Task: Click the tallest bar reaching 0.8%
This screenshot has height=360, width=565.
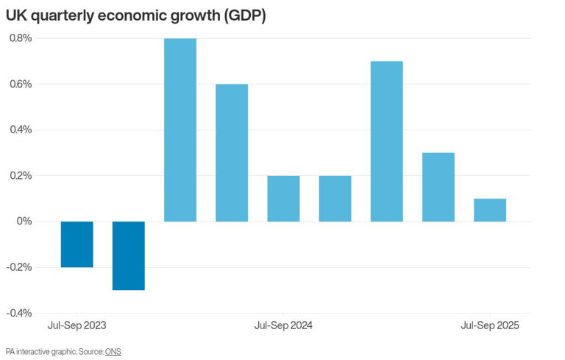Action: [x=180, y=130]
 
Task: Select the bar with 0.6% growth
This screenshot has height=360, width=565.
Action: [x=232, y=152]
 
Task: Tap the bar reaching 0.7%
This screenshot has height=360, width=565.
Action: [x=386, y=141]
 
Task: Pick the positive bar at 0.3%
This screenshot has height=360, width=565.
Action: [x=438, y=187]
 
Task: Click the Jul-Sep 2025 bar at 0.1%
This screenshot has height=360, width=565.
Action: [x=490, y=210]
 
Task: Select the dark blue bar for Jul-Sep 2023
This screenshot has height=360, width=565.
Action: [x=77, y=244]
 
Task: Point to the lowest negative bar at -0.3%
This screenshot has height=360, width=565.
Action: [x=128, y=255]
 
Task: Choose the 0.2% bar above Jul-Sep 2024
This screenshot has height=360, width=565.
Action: [x=283, y=199]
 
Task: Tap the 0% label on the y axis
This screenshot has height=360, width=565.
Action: [x=26, y=222]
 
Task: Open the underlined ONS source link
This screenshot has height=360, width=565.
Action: [x=113, y=352]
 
